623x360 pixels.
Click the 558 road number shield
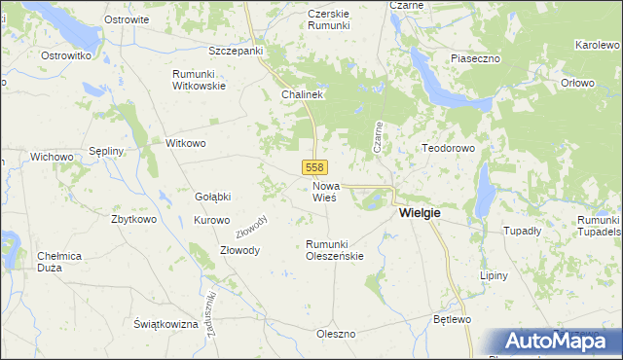[x=313, y=167]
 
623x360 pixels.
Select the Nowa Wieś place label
[x=325, y=191]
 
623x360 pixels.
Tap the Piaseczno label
[x=475, y=59]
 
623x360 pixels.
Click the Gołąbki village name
[x=213, y=197]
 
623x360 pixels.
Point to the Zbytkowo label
[x=134, y=219]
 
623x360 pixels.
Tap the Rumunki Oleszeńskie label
[x=335, y=250]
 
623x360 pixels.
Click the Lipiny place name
[x=494, y=275]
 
